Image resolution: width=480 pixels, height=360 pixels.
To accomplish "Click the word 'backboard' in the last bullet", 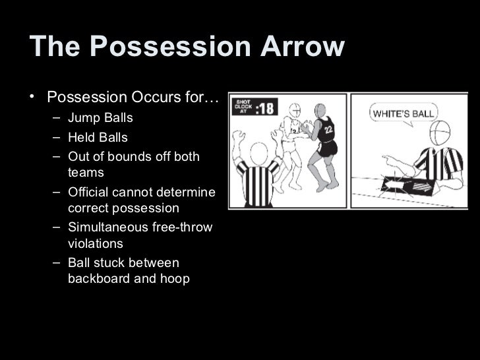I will click(98, 278).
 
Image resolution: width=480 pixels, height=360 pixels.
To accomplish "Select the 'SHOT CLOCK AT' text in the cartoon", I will click(242, 107).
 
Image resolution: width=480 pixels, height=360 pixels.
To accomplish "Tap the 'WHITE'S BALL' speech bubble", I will click(404, 114).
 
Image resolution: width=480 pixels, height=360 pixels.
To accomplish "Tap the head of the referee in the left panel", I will click(260, 152).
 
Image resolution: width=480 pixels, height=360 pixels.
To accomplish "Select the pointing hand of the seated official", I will click(390, 160).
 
